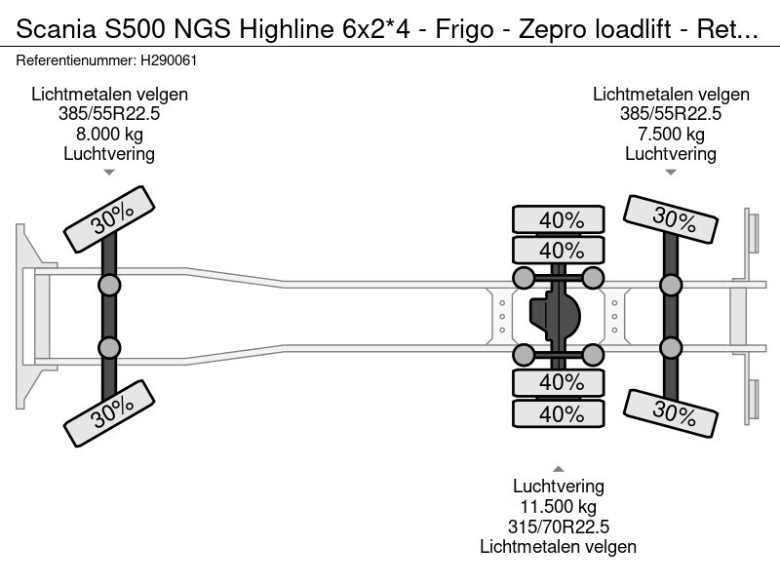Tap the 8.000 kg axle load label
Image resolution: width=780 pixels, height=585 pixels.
tap(109, 134)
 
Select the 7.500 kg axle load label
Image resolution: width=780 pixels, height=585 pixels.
tap(671, 134)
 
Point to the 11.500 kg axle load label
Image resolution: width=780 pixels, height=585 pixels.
tap(558, 507)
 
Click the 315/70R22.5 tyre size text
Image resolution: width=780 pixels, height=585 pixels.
tap(558, 527)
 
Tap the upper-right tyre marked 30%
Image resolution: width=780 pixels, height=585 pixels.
tap(672, 219)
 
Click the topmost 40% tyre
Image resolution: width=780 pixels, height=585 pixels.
tap(561, 219)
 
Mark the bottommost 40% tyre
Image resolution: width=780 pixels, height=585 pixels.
tap(561, 413)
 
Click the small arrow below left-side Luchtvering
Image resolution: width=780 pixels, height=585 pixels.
tap(109, 173)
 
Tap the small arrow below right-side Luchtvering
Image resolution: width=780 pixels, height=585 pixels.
tap(671, 173)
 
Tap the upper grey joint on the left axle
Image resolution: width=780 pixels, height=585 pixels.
tap(109, 285)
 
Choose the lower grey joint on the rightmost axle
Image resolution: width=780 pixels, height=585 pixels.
tap(671, 348)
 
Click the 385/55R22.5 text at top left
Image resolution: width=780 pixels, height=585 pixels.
tap(109, 113)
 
